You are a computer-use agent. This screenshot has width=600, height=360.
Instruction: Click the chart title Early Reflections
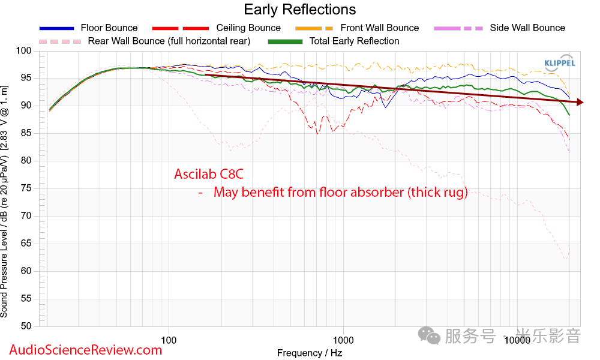coord(299,10)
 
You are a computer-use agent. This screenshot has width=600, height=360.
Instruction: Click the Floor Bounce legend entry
coord(109,28)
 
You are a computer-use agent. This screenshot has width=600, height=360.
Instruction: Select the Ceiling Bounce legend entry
coord(248,28)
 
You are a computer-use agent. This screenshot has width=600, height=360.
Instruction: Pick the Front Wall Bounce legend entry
coord(379,28)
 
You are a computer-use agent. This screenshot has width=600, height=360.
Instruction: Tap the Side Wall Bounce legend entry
coord(527,28)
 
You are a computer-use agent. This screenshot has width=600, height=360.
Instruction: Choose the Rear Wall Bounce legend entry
coord(169,41)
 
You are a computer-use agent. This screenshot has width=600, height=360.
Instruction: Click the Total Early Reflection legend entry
coord(354,41)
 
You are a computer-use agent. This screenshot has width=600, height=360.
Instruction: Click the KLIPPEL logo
coord(560,63)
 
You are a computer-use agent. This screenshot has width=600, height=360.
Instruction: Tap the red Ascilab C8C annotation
coord(209,175)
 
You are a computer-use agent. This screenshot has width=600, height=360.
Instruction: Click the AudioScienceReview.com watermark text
coord(85,350)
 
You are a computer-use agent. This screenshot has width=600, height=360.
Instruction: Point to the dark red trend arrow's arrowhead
coord(579,103)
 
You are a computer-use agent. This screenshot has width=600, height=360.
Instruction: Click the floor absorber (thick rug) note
coord(340,193)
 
